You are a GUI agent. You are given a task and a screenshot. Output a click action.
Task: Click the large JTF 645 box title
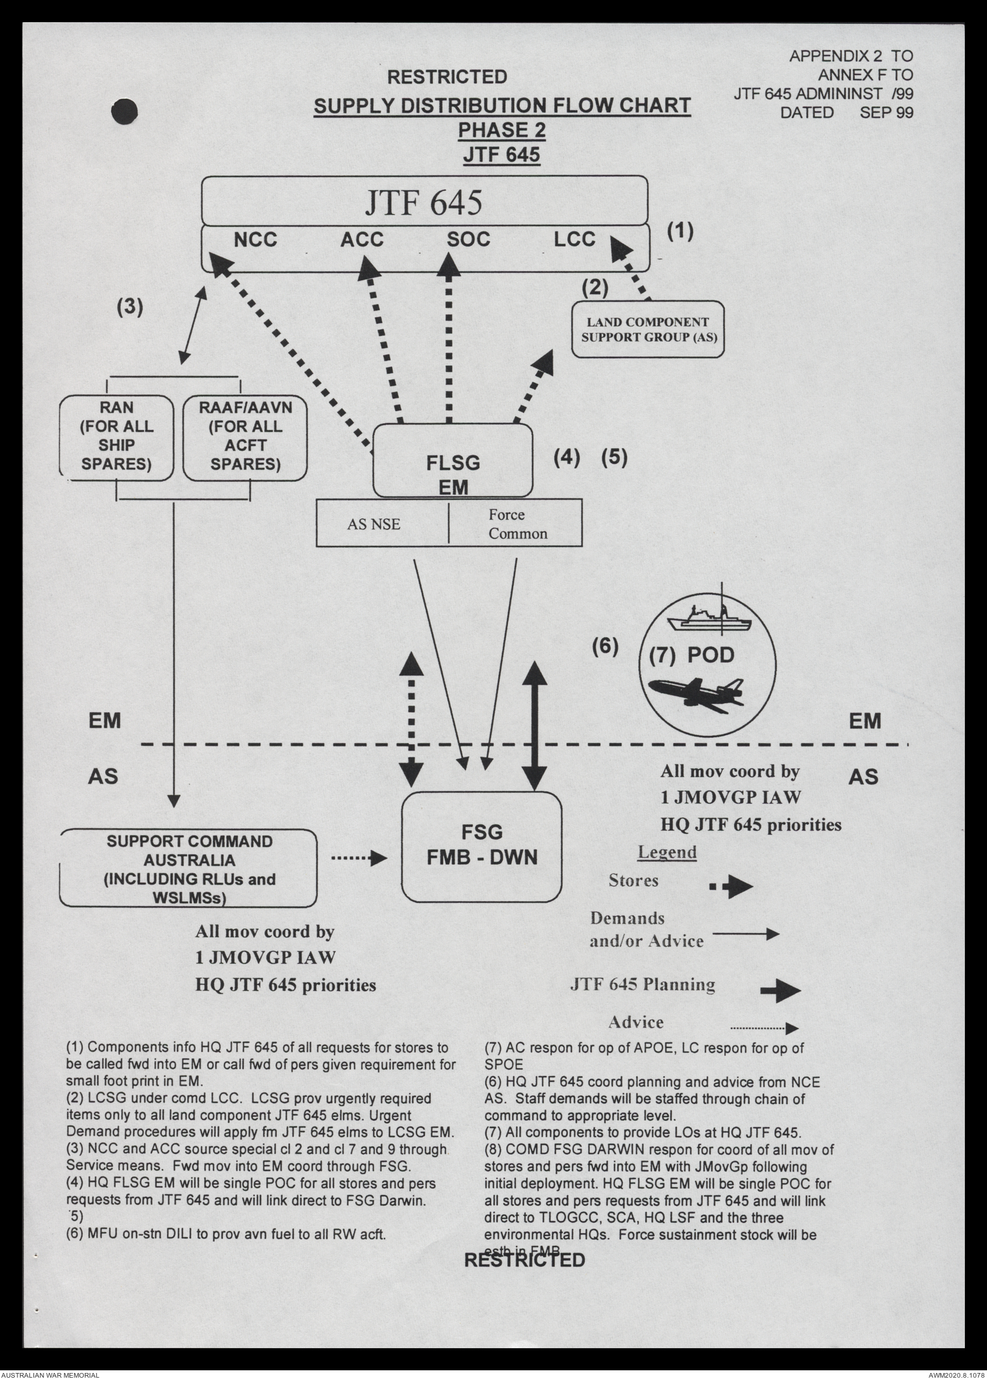click(x=423, y=202)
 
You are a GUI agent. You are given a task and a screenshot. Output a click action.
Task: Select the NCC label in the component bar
click(x=255, y=240)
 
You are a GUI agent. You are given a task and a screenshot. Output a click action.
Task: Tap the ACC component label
click(x=362, y=240)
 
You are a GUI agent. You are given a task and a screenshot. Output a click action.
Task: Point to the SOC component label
click(x=468, y=240)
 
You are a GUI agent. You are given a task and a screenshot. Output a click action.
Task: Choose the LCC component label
click(x=574, y=240)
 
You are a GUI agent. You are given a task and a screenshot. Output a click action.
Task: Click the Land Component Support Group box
click(x=648, y=330)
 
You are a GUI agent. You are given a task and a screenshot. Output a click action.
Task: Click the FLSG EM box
click(x=452, y=461)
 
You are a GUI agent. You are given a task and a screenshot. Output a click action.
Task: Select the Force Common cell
click(x=515, y=524)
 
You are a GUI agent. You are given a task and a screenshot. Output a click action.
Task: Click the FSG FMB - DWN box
click(x=482, y=846)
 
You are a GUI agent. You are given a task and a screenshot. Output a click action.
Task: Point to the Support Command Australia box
click(x=189, y=868)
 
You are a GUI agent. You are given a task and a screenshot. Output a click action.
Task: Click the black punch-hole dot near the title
click(x=125, y=112)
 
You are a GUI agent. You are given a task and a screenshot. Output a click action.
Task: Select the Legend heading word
click(x=666, y=852)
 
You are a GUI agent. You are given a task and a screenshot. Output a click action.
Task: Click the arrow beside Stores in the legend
click(x=731, y=888)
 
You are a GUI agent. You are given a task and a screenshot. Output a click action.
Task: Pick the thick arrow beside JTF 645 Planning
click(x=780, y=992)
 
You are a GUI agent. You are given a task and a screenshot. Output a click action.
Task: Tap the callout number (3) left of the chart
click(x=130, y=306)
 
